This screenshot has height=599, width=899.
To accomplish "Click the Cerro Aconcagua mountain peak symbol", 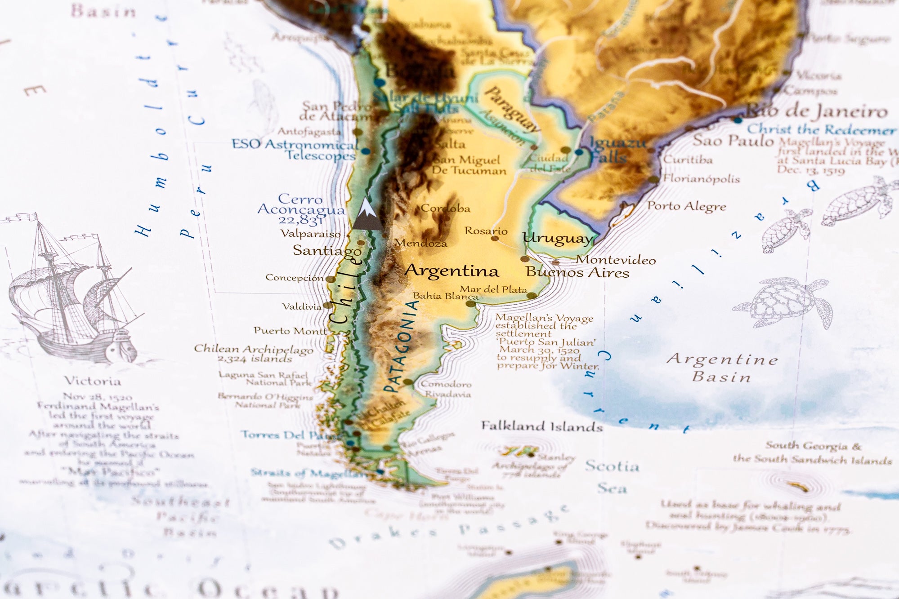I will pyautogui.click(x=367, y=214).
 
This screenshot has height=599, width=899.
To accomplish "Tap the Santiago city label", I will pyautogui.click(x=327, y=250).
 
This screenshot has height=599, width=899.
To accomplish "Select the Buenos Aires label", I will pyautogui.click(x=577, y=272).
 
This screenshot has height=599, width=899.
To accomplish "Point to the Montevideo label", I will pyautogui.click(x=616, y=260).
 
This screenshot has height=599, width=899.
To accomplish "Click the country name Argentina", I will pyautogui.click(x=452, y=271).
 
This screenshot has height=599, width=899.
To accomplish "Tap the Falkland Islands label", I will pyautogui.click(x=542, y=426).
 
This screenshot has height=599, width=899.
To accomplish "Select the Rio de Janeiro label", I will pyautogui.click(x=816, y=111).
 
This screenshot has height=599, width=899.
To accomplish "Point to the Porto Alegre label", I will pyautogui.click(x=686, y=206).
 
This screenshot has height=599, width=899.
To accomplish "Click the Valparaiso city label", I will pyautogui.click(x=310, y=234).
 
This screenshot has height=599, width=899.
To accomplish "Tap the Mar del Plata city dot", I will pyautogui.click(x=532, y=296).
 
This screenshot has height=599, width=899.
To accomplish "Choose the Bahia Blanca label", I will pyautogui.click(x=445, y=296).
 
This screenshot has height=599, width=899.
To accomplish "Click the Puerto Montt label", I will pyautogui.click(x=290, y=331).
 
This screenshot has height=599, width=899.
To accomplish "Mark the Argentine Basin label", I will pyautogui.click(x=722, y=368).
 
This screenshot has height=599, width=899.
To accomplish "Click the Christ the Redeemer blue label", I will pyautogui.click(x=821, y=130).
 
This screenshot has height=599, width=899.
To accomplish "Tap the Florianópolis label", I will pyautogui.click(x=701, y=179).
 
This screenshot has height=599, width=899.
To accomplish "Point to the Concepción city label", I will pyautogui.click(x=294, y=278).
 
